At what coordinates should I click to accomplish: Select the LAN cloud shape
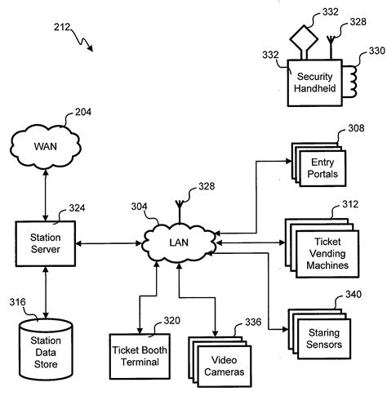[x=180, y=242]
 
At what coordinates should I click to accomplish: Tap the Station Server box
[x=46, y=242]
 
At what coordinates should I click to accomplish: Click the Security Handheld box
[x=314, y=82]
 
